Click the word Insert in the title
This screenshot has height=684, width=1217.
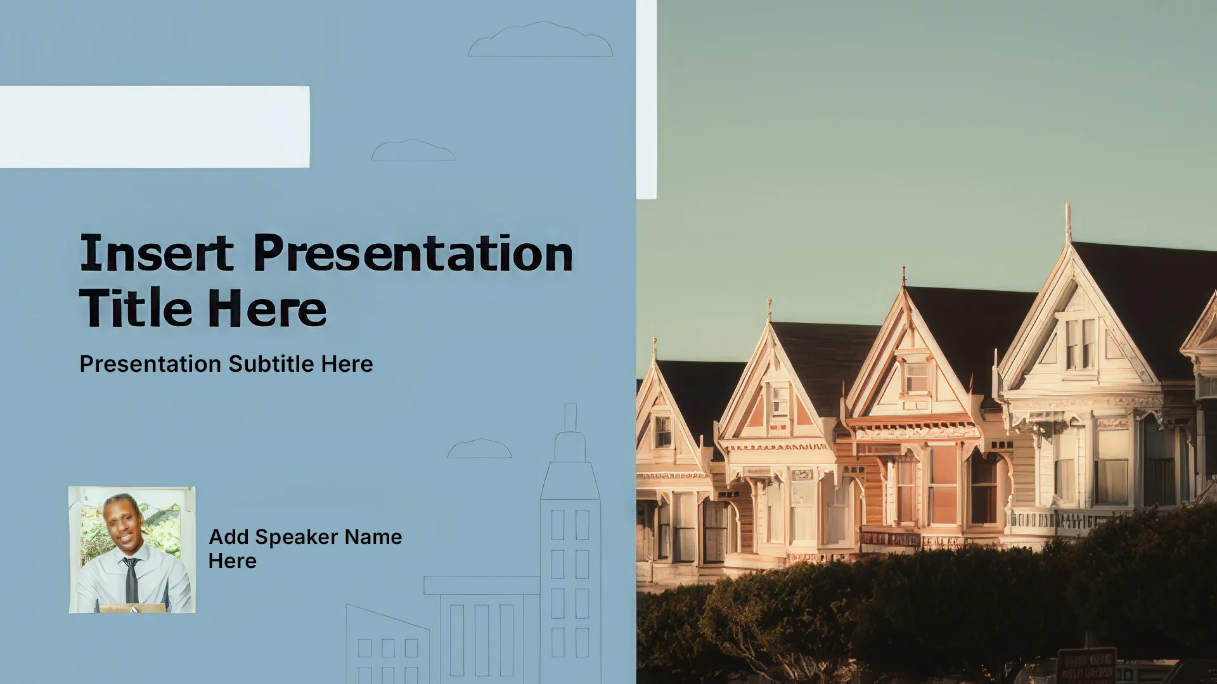point(157,253)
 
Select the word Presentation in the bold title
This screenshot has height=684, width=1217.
point(413,253)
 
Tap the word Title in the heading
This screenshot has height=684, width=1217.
point(136,308)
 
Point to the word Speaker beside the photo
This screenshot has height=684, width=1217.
point(297,536)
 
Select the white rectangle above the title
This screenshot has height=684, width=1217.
point(155,127)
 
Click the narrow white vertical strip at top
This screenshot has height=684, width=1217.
point(647,99)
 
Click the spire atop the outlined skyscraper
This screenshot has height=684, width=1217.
point(570,417)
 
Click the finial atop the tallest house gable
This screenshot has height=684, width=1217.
point(1068,222)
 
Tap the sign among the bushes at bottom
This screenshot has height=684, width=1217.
point(1086,665)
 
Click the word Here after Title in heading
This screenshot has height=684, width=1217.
point(267,308)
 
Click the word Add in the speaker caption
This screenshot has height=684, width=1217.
point(229,536)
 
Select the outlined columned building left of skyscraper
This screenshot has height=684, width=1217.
point(482,630)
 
